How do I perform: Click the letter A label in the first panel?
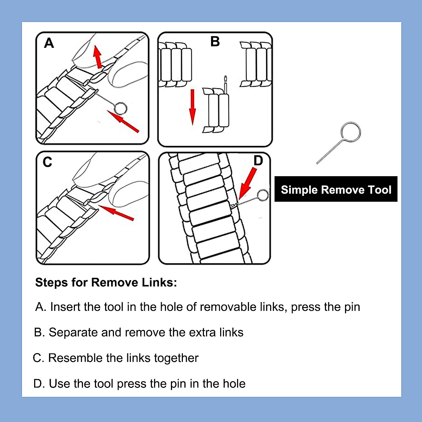coord(49,43)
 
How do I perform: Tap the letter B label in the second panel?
coord(215,41)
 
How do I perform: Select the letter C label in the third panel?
coord(47,162)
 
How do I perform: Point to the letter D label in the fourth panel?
coord(258,161)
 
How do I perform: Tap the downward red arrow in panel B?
coord(192,107)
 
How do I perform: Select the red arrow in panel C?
coord(117,213)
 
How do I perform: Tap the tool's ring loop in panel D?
coord(263,195)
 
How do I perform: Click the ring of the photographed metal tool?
coord(351,132)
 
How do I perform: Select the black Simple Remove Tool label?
coord(336,190)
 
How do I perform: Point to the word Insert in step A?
coord(67,307)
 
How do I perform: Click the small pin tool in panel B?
coord(225,84)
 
